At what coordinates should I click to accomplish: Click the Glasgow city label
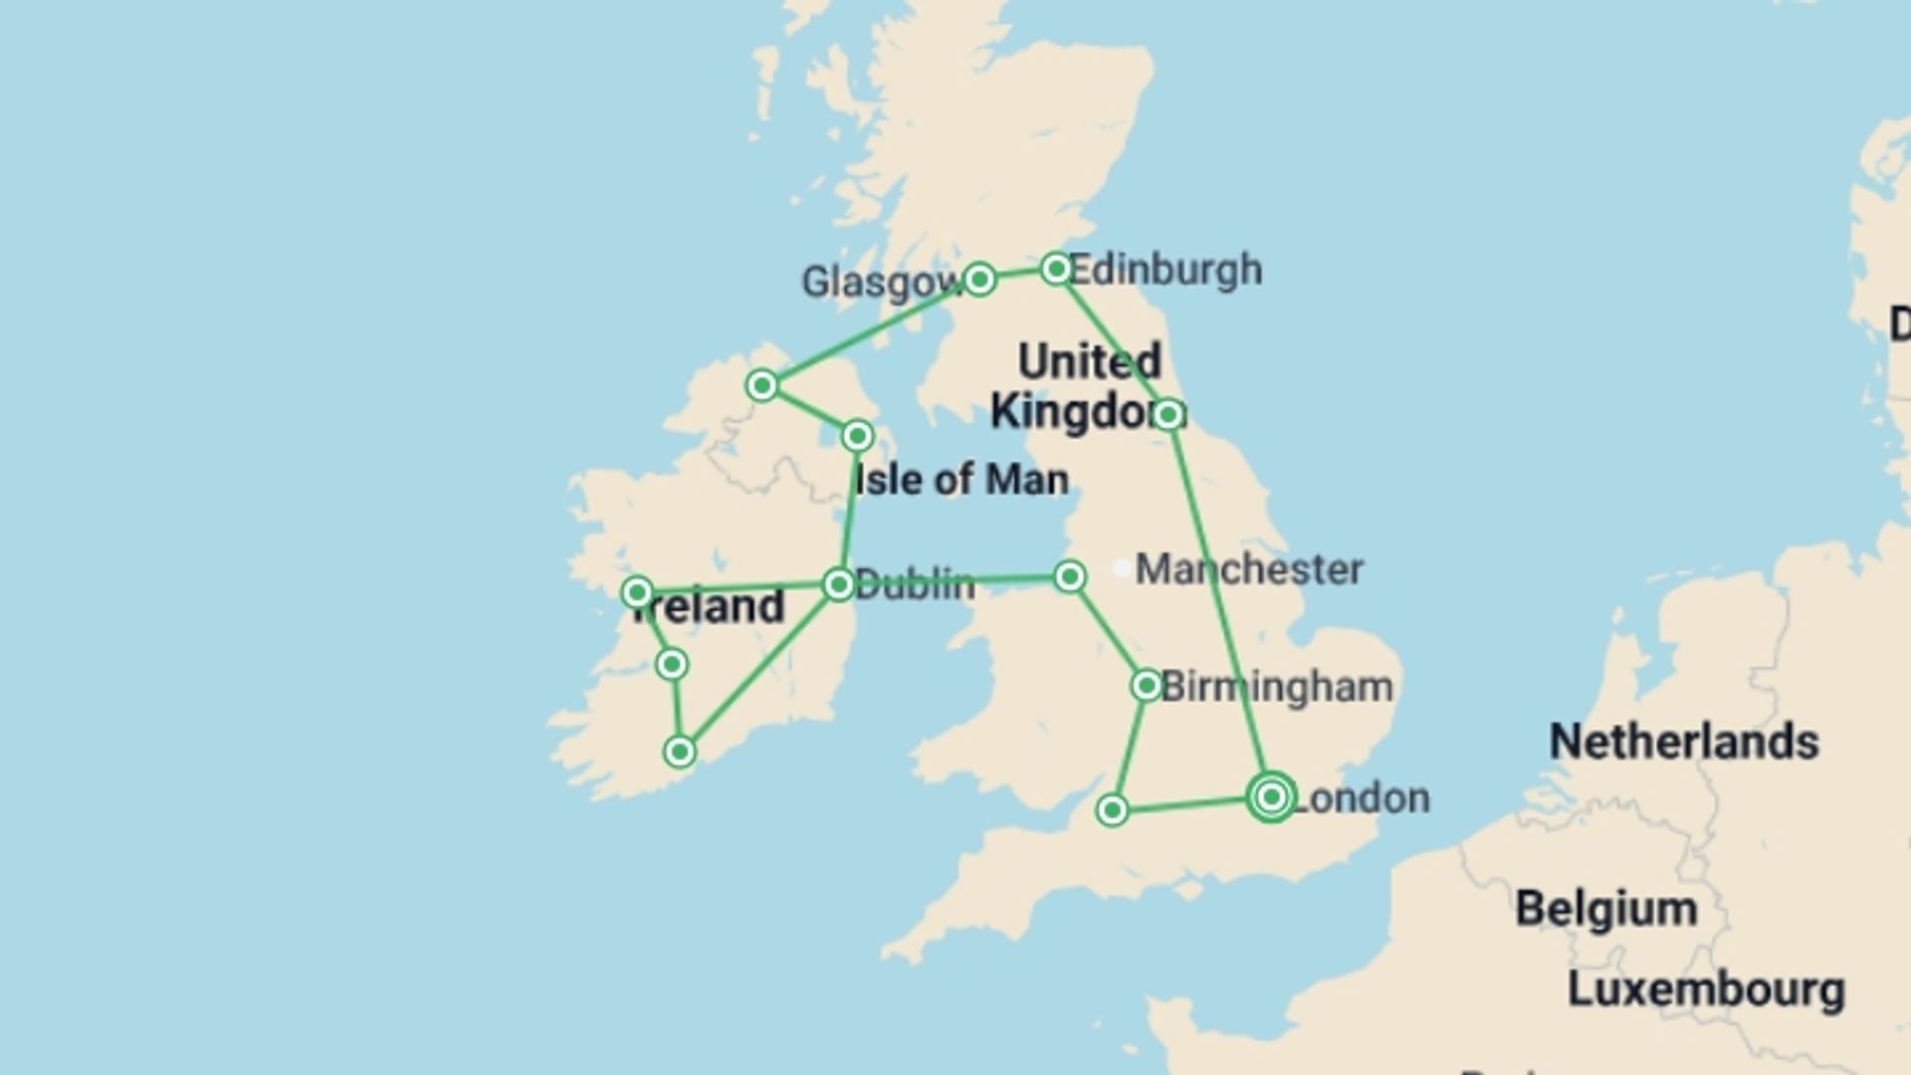[880, 283]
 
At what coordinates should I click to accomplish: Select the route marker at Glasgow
[979, 280]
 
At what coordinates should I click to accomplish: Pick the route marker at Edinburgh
[1055, 269]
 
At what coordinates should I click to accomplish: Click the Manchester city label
[1249, 569]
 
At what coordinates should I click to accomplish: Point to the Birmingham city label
[1277, 687]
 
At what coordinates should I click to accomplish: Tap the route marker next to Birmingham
[1146, 685]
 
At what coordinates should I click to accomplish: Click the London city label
[1362, 798]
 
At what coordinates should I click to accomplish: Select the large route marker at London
[1271, 796]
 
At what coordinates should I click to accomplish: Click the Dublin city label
[915, 584]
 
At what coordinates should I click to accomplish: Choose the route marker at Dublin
[839, 584]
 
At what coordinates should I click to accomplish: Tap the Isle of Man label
[961, 480]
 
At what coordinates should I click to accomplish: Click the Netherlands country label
[1684, 743]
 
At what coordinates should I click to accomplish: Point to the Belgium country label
[1606, 909]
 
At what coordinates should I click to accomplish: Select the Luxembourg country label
[1706, 989]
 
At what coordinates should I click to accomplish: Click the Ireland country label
[709, 607]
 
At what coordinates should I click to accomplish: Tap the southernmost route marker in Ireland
[680, 752]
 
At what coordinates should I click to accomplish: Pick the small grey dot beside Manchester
[1121, 568]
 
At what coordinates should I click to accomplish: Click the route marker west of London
[1112, 810]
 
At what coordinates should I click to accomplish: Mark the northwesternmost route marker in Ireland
[761, 385]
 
